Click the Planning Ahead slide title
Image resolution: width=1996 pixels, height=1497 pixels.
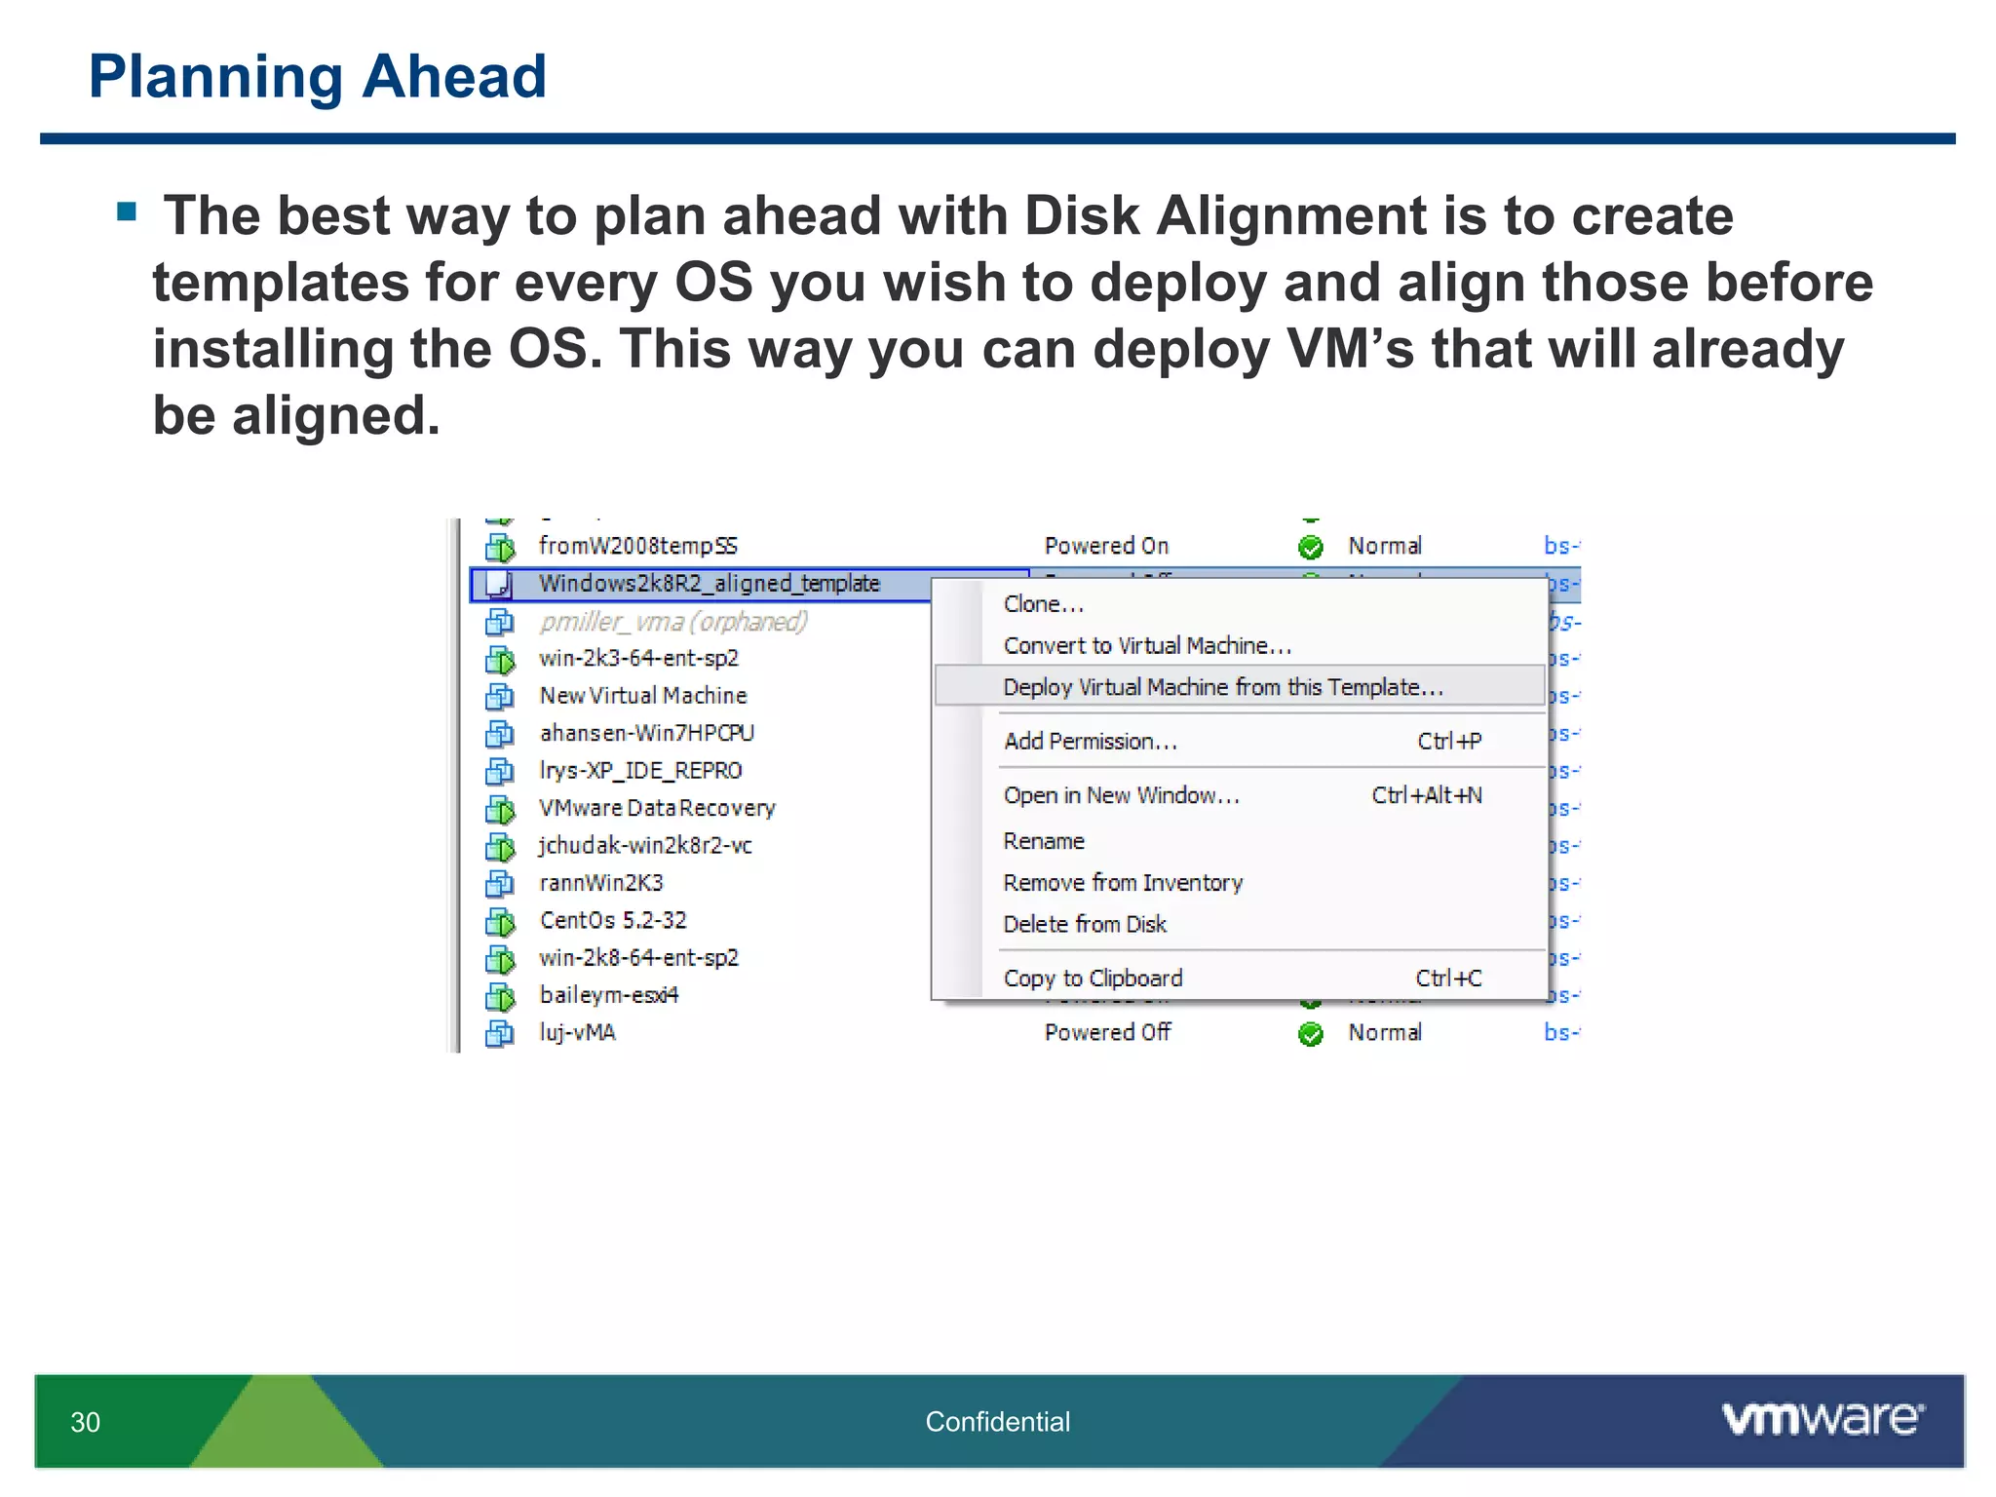click(317, 77)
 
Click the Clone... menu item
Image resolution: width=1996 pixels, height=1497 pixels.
click(1043, 604)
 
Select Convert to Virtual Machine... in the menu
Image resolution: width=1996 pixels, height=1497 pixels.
click(1147, 646)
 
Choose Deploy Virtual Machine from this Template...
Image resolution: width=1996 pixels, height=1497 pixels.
click(1222, 687)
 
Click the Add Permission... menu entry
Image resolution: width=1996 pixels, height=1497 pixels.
click(1091, 742)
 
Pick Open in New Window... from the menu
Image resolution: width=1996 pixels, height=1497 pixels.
click(1121, 796)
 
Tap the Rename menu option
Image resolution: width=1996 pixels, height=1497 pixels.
click(1044, 841)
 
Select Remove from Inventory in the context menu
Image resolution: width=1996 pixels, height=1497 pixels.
click(1123, 883)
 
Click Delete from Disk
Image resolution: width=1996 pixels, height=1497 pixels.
click(1085, 925)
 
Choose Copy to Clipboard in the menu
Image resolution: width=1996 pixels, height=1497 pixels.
click(1093, 979)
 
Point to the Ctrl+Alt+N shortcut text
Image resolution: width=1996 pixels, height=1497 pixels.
click(1426, 796)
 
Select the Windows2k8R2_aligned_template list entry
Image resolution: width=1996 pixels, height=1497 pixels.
click(709, 584)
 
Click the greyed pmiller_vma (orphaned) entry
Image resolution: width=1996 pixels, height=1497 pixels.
click(673, 622)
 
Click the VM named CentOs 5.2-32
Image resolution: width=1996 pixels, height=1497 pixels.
click(613, 921)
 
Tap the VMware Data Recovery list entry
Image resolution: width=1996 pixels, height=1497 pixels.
click(657, 809)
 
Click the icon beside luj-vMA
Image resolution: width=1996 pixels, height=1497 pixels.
click(500, 1033)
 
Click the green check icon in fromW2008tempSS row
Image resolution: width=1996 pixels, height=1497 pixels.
click(1311, 547)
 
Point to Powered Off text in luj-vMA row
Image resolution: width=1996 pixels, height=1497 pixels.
click(1107, 1033)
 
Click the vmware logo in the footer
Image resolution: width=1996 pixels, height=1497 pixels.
click(1822, 1419)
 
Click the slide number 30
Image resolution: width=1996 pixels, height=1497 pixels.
click(86, 1422)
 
